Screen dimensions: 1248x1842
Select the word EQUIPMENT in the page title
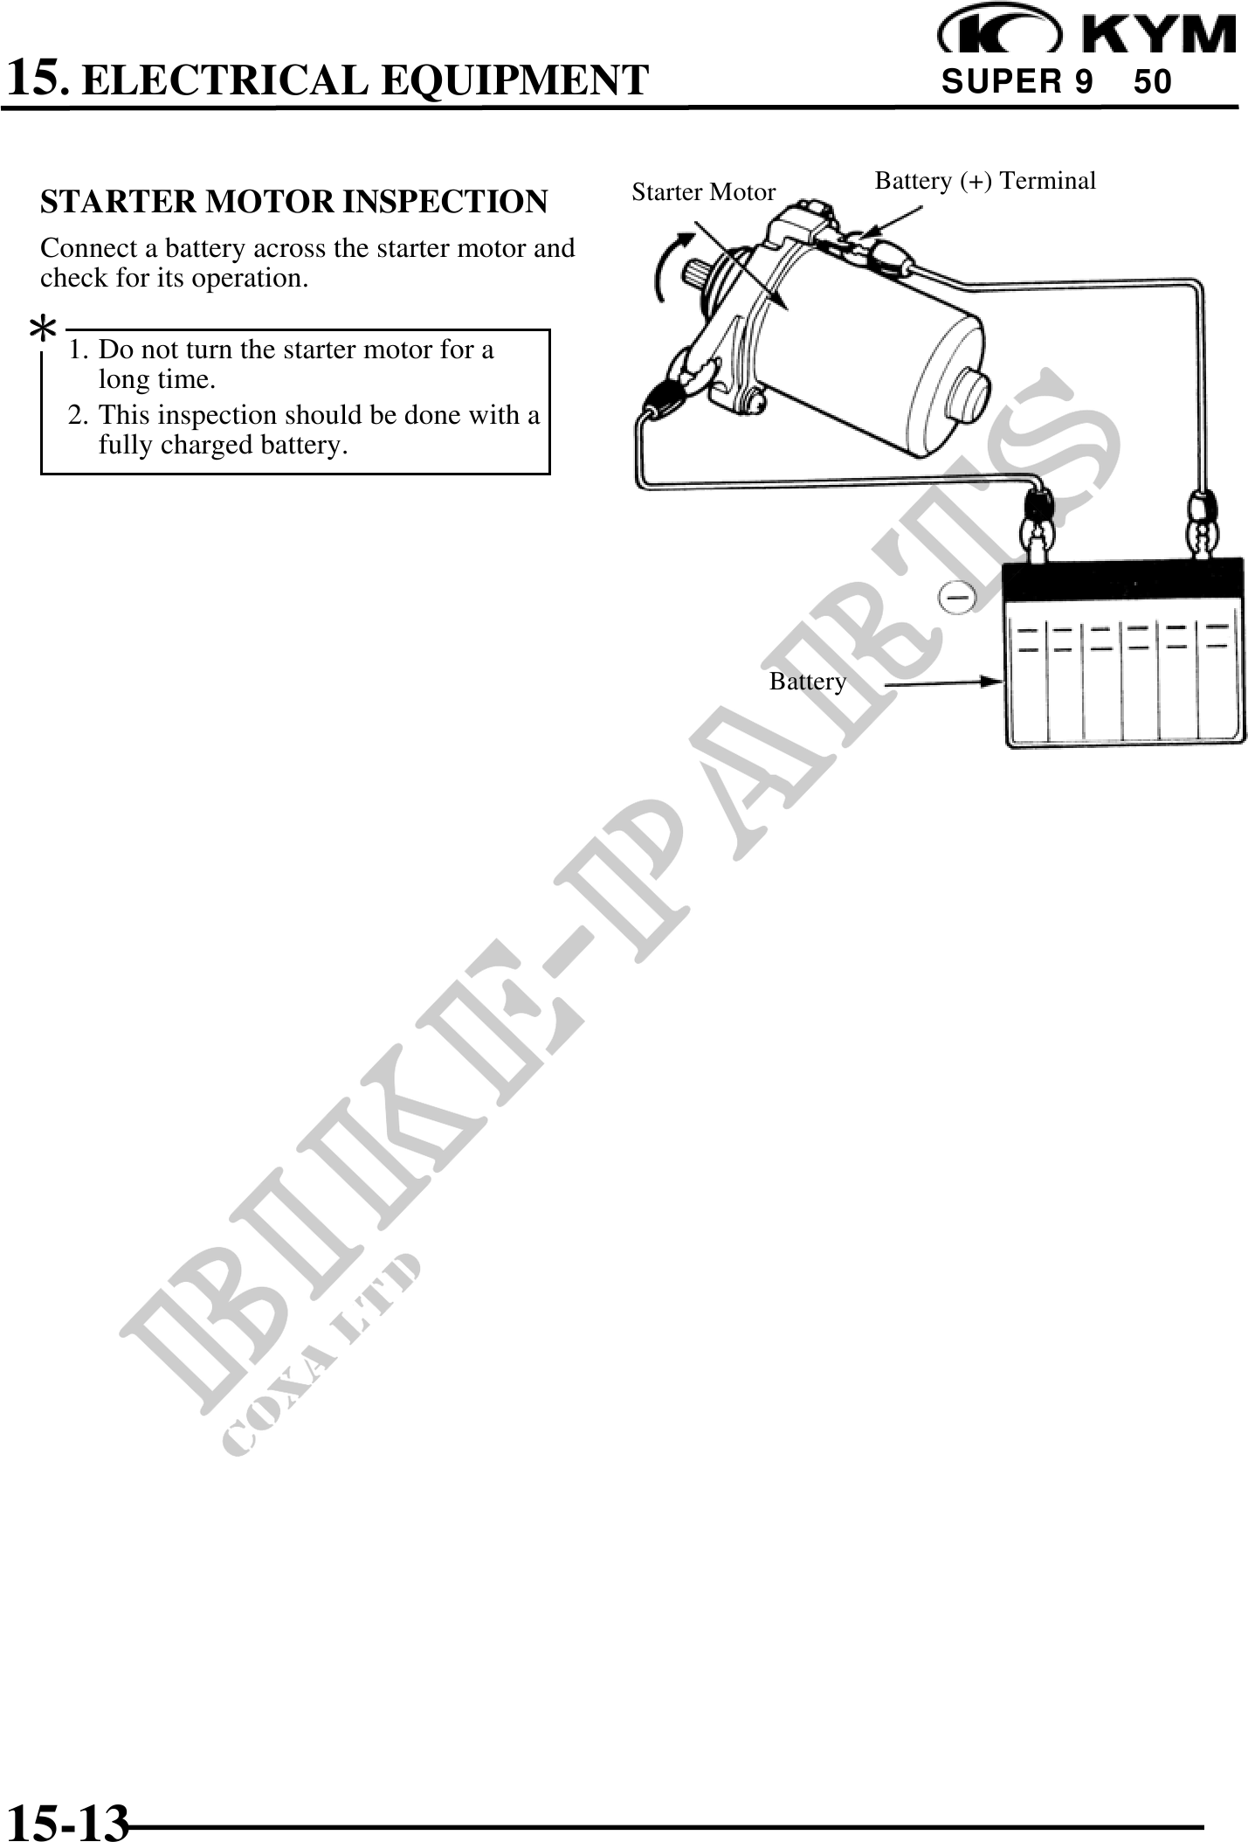(515, 80)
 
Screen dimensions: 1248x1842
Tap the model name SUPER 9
(1017, 82)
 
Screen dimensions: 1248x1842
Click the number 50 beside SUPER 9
(1152, 82)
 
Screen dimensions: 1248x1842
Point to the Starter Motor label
(703, 192)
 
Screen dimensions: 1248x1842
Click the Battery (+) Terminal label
(985, 181)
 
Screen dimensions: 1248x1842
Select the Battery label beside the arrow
(808, 682)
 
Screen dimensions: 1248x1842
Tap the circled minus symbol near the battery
(957, 597)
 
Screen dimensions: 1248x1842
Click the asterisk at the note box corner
(42, 332)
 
